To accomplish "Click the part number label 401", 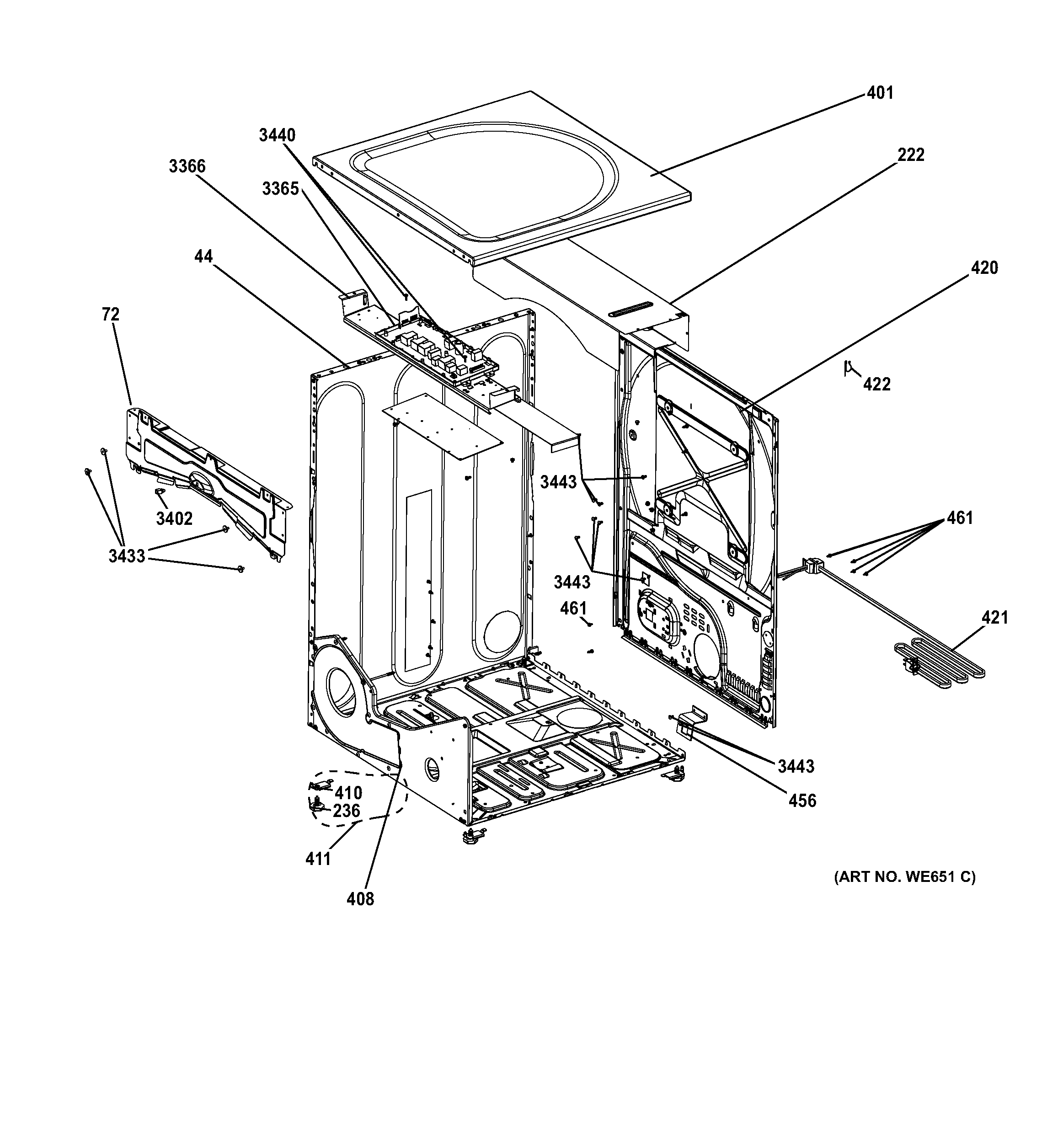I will tap(880, 93).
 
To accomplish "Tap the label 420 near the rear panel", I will tap(984, 267).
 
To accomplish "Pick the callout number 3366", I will tap(187, 166).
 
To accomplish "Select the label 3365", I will tap(280, 188).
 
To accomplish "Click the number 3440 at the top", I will tap(277, 135).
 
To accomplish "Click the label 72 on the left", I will tap(111, 315).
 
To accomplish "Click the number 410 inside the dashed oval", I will tap(348, 793).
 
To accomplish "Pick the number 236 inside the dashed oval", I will tap(346, 811).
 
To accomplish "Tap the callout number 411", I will tap(318, 858).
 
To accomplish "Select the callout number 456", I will tap(802, 801).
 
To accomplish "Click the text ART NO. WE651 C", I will tap(905, 877).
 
